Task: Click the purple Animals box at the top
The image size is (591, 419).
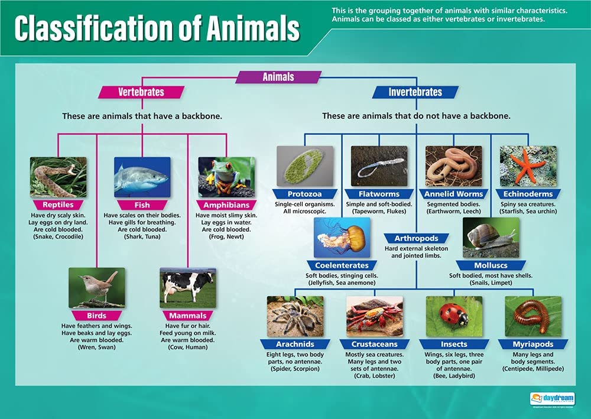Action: [x=278, y=77]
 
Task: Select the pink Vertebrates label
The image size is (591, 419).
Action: [x=141, y=92]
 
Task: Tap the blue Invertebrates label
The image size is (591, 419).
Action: [x=415, y=92]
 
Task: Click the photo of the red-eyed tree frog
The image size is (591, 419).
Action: [x=226, y=176]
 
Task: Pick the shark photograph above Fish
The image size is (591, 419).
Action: [x=142, y=176]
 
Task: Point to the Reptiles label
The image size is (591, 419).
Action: [x=58, y=204]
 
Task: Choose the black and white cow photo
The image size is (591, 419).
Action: [x=187, y=287]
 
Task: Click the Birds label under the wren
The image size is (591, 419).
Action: [x=96, y=316]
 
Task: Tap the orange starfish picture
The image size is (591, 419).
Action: [x=528, y=166]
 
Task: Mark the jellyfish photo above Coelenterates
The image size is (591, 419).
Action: [x=342, y=237]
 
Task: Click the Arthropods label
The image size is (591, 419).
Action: [x=417, y=238]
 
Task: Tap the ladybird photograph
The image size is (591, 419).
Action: [x=454, y=316]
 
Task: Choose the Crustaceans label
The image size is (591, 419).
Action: [x=374, y=344]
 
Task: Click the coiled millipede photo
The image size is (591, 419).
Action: [x=533, y=316]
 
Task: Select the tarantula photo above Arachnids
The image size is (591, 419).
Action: [x=294, y=316]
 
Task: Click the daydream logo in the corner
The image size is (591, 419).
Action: [x=553, y=399]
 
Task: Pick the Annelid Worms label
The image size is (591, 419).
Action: [x=453, y=194]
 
